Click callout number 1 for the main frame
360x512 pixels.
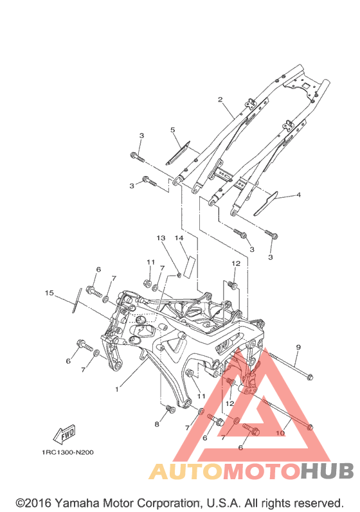pyautogui.click(x=117, y=389)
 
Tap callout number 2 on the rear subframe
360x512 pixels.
pyautogui.click(x=221, y=100)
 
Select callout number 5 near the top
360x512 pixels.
pyautogui.click(x=173, y=130)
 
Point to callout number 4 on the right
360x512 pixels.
pyautogui.click(x=298, y=195)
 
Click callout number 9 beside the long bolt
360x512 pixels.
pyautogui.click(x=298, y=347)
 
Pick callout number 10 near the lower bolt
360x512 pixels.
pyautogui.click(x=280, y=434)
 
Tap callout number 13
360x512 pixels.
pyautogui.click(x=161, y=238)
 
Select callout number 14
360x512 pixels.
pyautogui.click(x=179, y=238)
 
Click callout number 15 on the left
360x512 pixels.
pyautogui.click(x=50, y=293)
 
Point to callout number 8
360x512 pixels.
pyautogui.click(x=157, y=424)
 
